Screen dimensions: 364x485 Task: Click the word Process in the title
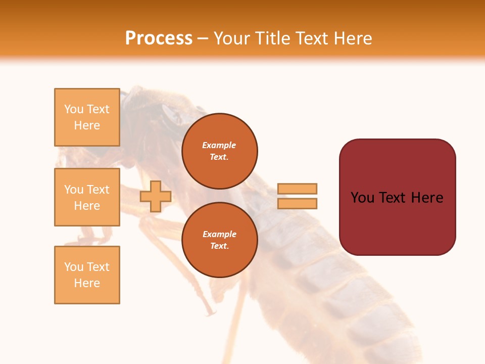pyautogui.click(x=159, y=38)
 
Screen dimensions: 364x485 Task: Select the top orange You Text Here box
pyautogui.click(x=87, y=117)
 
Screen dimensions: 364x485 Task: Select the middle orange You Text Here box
pyautogui.click(x=87, y=197)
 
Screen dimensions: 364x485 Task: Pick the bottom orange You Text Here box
pyautogui.click(x=87, y=275)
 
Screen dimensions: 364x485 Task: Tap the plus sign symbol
pyautogui.click(x=156, y=197)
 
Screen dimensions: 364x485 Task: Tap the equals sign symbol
pyautogui.click(x=297, y=196)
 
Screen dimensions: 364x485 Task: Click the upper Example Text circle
pyautogui.click(x=219, y=151)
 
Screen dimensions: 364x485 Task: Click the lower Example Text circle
pyautogui.click(x=219, y=240)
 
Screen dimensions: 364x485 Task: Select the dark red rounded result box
pyautogui.click(x=397, y=197)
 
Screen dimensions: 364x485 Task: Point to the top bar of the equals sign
pyautogui.click(x=297, y=189)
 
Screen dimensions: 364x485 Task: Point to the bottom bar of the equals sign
pyautogui.click(x=297, y=204)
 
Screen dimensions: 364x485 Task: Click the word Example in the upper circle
pyautogui.click(x=219, y=145)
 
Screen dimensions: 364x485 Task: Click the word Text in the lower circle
pyautogui.click(x=219, y=246)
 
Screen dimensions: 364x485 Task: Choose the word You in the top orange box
pyautogui.click(x=74, y=109)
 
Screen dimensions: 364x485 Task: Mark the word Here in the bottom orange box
pyautogui.click(x=87, y=283)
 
